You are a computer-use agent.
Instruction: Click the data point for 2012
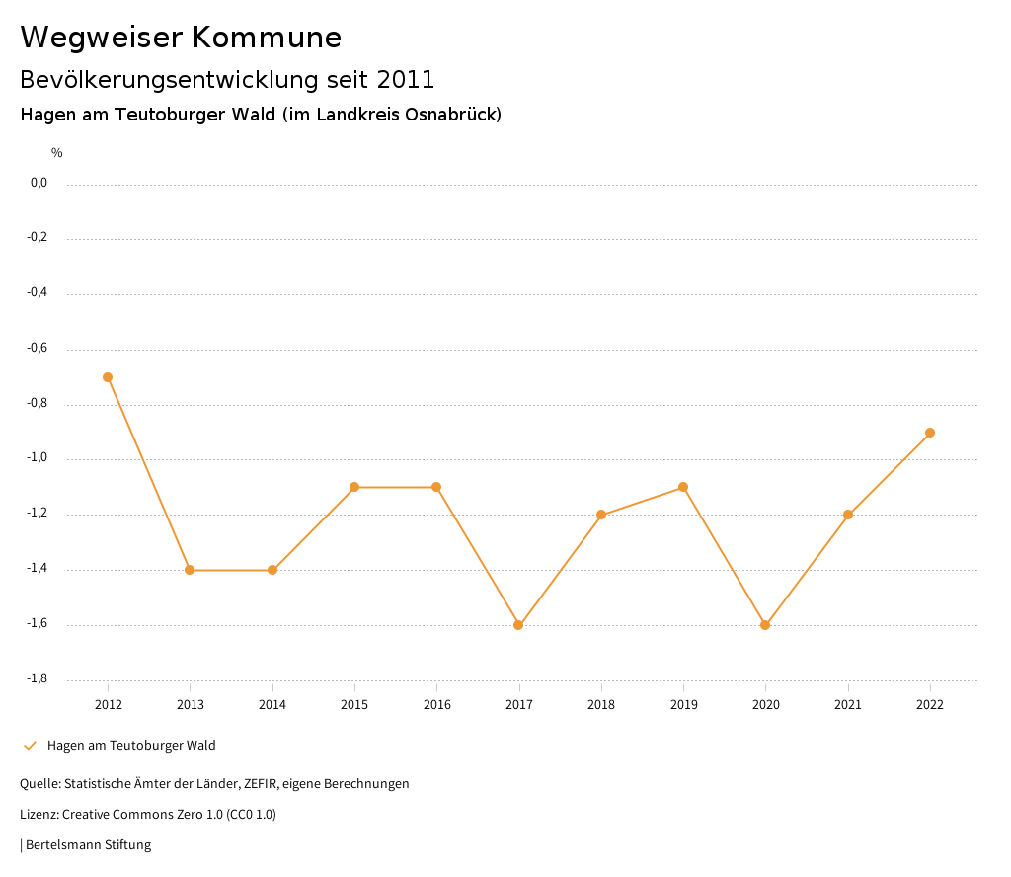click(x=108, y=377)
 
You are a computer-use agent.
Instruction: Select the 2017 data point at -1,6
click(x=518, y=625)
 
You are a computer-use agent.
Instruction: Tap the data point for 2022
click(x=930, y=433)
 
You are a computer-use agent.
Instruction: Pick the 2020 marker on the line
click(x=765, y=625)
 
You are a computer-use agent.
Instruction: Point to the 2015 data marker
click(x=354, y=487)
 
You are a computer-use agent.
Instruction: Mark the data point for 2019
click(x=683, y=487)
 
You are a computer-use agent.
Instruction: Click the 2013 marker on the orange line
click(x=190, y=570)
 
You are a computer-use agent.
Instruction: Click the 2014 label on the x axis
click(x=272, y=705)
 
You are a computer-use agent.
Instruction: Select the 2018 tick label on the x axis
click(x=601, y=705)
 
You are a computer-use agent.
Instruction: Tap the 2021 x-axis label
click(x=848, y=705)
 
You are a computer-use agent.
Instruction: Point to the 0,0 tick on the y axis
click(x=39, y=183)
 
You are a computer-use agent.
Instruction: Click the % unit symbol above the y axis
click(x=57, y=153)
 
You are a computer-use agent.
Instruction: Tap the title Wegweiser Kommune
click(x=181, y=38)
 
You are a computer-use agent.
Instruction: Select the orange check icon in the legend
click(x=30, y=746)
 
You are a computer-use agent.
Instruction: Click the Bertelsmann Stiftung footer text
click(x=88, y=845)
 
